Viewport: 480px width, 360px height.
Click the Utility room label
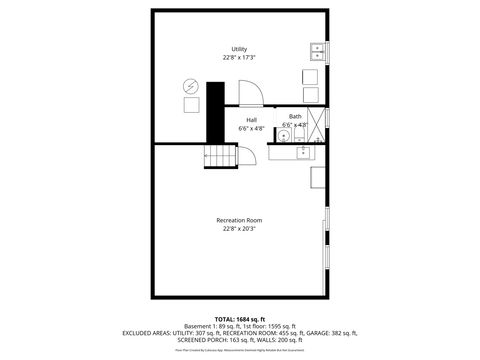[x=239, y=48]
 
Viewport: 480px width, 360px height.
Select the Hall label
[x=252, y=120]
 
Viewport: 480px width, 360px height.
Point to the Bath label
[x=295, y=117]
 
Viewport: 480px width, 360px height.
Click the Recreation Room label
[x=239, y=220]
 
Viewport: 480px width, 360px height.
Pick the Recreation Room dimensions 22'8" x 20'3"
[x=239, y=228]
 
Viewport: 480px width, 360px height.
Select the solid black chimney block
[x=215, y=111]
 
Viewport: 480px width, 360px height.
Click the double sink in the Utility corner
[x=317, y=51]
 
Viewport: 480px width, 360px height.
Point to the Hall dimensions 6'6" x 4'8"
[x=252, y=128]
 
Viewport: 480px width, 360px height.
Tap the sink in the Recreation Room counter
[x=304, y=152]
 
